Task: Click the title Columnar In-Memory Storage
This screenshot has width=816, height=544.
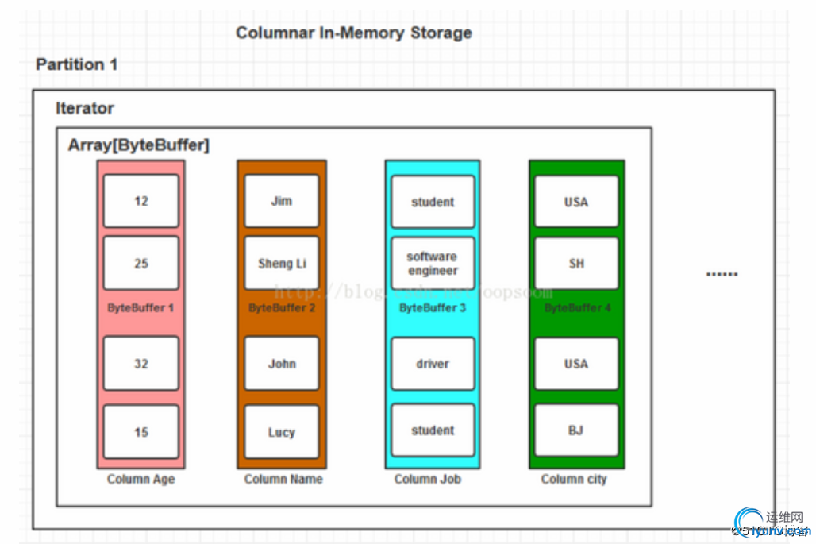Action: pos(354,33)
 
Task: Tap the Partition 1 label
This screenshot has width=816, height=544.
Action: pos(77,64)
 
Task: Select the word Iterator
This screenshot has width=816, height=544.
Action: pos(85,109)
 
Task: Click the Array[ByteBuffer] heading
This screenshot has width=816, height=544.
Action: pos(139,145)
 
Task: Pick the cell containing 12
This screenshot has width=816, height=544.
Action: pos(141,202)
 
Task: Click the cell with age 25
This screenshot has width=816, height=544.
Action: pos(141,263)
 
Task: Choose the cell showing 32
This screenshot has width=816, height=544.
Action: pos(141,364)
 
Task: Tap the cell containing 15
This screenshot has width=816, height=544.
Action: pos(141,432)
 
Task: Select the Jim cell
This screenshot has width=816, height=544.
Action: pos(282,202)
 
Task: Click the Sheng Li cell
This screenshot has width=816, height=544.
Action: pos(282,263)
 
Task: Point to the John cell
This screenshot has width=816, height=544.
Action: pos(282,364)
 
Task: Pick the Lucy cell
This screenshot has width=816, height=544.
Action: pos(282,432)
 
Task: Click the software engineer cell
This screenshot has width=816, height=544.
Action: pos(433,264)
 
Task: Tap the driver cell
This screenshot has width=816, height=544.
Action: pos(433,364)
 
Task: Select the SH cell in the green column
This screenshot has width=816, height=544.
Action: pos(576,263)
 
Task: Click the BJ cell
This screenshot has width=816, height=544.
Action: pos(576,430)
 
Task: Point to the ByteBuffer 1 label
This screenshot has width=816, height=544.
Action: pos(140,307)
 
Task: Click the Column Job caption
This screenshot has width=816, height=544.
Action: pos(428,479)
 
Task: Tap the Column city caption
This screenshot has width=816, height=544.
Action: pos(574,479)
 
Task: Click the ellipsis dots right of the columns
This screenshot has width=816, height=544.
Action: pos(722,275)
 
